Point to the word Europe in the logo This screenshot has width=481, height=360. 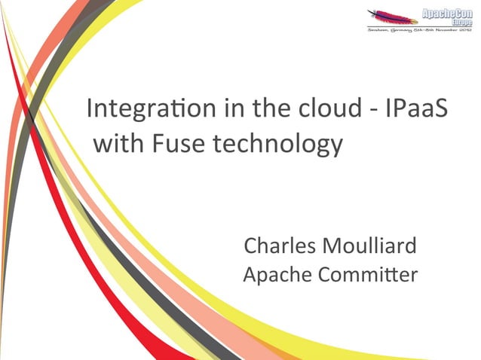coord(456,22)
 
